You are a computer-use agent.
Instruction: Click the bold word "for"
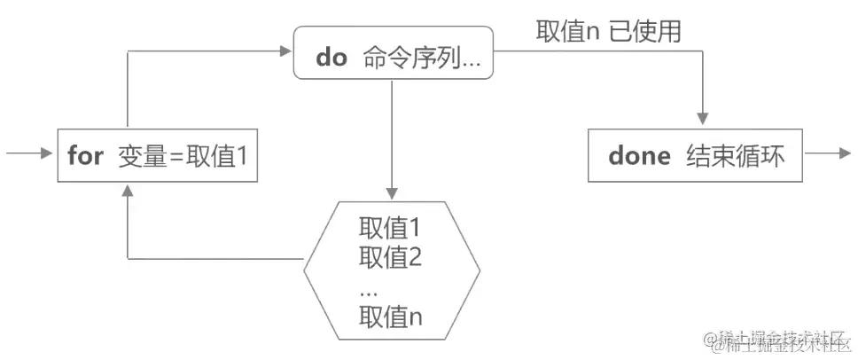pos(85,157)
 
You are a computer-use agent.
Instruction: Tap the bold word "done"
pos(640,156)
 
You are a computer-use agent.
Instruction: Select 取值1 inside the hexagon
pos(389,228)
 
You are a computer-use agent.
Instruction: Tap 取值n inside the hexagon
pos(390,317)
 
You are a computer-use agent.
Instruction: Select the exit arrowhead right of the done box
pos(843,154)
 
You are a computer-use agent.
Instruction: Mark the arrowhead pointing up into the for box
pos(129,190)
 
